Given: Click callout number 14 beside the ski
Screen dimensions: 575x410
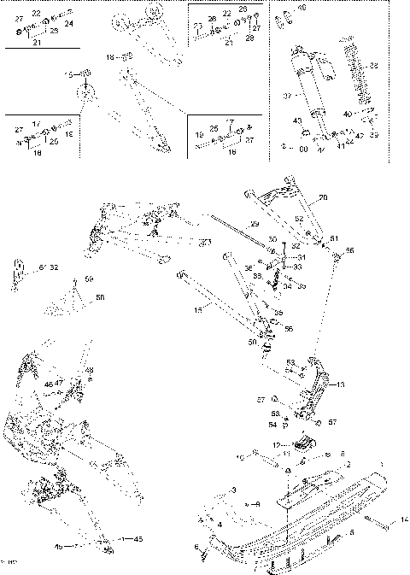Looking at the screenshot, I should click(403, 519).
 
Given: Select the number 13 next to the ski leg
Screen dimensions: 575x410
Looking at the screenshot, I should click(342, 384).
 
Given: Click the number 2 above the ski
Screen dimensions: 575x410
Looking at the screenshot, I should click(348, 464).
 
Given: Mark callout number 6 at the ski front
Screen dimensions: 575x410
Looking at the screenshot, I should click(196, 547).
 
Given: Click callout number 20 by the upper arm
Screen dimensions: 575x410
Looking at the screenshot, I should click(324, 198).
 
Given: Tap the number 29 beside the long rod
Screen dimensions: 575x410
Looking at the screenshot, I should click(255, 224).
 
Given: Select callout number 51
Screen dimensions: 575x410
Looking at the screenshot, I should click(334, 238).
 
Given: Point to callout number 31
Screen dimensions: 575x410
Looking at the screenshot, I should click(301, 257).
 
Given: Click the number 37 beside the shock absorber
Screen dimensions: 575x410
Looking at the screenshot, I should click(288, 96).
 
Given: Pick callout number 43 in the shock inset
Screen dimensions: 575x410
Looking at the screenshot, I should click(297, 120).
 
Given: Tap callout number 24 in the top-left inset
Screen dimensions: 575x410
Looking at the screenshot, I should click(68, 24).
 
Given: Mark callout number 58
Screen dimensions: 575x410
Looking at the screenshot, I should click(100, 297).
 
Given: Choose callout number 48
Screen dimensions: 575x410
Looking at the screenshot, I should click(91, 370).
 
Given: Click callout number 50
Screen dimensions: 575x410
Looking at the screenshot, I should click(251, 342).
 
